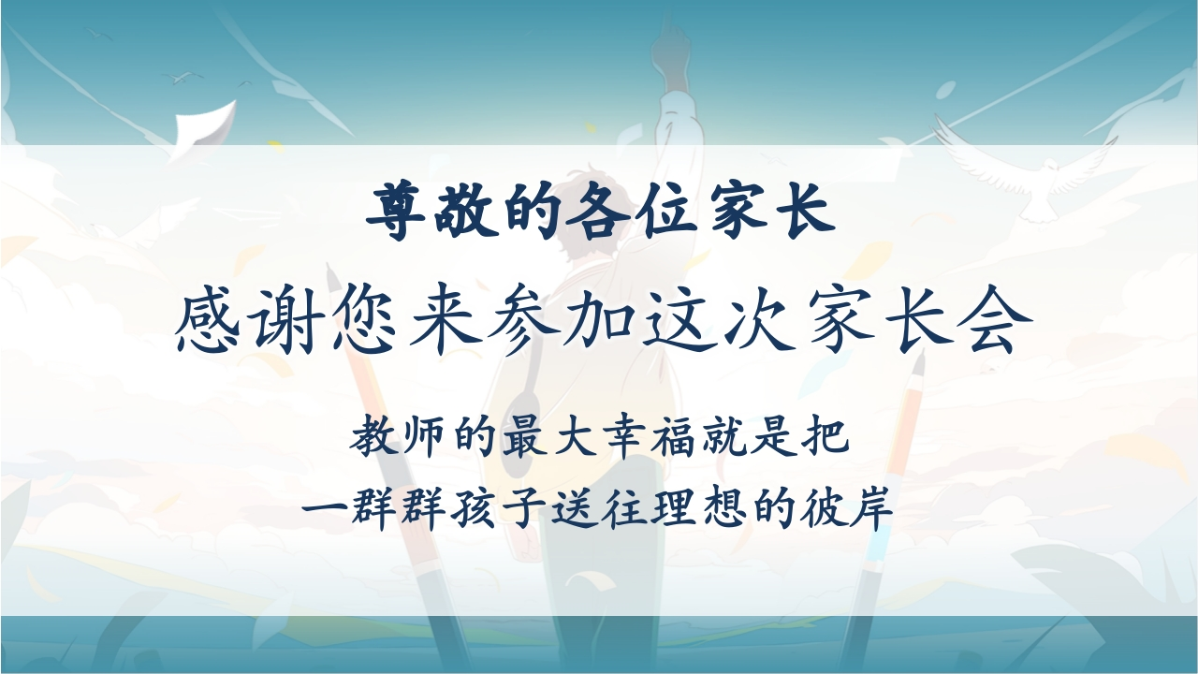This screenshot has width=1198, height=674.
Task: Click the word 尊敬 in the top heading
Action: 429,212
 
